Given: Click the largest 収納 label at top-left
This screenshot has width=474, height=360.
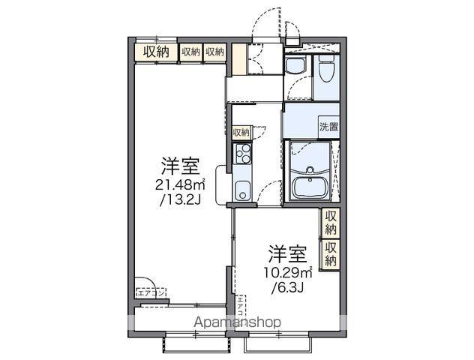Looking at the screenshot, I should coord(156,52).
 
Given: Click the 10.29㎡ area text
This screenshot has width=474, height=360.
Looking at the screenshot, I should coord(287,272).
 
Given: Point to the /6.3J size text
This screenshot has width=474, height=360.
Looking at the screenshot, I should coord(286,287).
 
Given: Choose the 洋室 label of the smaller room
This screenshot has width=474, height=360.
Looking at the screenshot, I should coord(286,253).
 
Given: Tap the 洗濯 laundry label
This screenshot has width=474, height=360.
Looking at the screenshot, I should coord(328,127).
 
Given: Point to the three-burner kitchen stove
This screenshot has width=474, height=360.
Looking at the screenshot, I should coord(242,155).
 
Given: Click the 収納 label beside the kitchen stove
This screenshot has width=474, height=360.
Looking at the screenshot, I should coord(240,133).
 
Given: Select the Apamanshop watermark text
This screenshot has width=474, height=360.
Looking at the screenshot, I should coord(238,322).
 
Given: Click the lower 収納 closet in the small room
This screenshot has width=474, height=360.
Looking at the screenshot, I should coord(330,253).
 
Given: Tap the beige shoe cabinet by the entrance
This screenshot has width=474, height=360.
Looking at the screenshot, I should coord(238,59).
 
